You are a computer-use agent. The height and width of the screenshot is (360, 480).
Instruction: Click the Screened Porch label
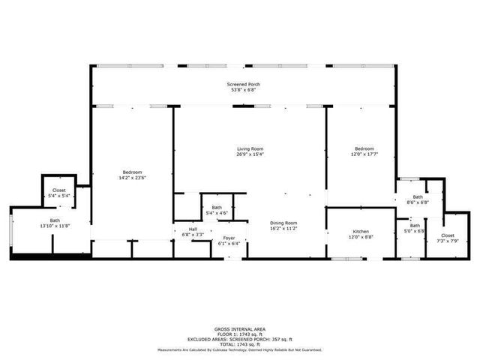[x=244, y=85]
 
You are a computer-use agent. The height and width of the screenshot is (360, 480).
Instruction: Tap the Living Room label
[x=250, y=148]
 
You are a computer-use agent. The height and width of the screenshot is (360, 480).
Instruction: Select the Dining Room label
[x=283, y=223]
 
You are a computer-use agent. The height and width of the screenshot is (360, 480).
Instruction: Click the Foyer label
[x=229, y=238]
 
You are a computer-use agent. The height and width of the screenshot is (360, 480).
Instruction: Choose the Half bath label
[x=193, y=229]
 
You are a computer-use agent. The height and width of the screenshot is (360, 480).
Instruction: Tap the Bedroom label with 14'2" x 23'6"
[x=132, y=172]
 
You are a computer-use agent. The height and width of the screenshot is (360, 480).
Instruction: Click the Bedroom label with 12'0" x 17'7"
[x=364, y=148]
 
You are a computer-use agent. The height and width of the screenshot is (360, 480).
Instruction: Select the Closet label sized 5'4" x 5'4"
[x=59, y=190]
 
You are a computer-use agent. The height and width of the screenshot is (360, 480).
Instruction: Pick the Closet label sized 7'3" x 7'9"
[x=448, y=235]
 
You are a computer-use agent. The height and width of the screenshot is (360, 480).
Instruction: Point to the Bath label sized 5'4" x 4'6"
[x=217, y=208]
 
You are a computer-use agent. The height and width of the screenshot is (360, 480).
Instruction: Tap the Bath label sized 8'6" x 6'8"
[x=417, y=197]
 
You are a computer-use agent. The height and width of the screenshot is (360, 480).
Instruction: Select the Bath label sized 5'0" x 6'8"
[x=415, y=226]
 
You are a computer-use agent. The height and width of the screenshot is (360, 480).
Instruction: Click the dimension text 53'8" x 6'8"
[x=244, y=90]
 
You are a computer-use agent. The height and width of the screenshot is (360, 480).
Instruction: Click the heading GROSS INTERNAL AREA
[x=239, y=328]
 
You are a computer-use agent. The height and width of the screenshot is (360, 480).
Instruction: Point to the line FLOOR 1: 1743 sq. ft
[x=239, y=334]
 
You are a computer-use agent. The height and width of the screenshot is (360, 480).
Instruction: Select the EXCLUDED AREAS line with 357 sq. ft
[x=239, y=339]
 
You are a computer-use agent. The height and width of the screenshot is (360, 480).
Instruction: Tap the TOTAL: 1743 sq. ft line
[x=239, y=344]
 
